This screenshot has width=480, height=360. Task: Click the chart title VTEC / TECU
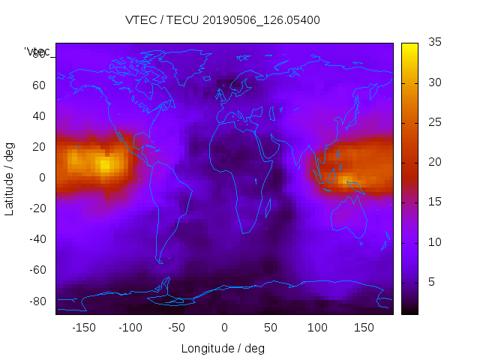click(x=222, y=20)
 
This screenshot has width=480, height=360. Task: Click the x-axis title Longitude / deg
click(x=223, y=349)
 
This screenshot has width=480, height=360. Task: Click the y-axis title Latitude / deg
click(x=10, y=178)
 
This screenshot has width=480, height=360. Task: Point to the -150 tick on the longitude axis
click(x=84, y=328)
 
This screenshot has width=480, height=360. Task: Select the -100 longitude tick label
click(x=130, y=328)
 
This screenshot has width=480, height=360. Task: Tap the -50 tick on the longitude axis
click(x=177, y=328)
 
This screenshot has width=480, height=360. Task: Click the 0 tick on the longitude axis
click(x=224, y=328)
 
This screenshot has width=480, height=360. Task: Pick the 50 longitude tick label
click(x=271, y=328)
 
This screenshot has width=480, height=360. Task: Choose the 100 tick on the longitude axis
click(x=317, y=328)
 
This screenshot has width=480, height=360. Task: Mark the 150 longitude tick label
click(x=364, y=328)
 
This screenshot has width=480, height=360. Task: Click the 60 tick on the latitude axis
click(x=40, y=85)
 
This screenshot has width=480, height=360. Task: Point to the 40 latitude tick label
click(x=40, y=116)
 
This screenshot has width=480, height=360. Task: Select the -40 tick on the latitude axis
click(x=37, y=239)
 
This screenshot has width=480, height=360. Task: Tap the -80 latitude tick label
click(x=37, y=301)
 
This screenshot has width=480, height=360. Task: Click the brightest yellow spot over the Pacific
click(x=105, y=163)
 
